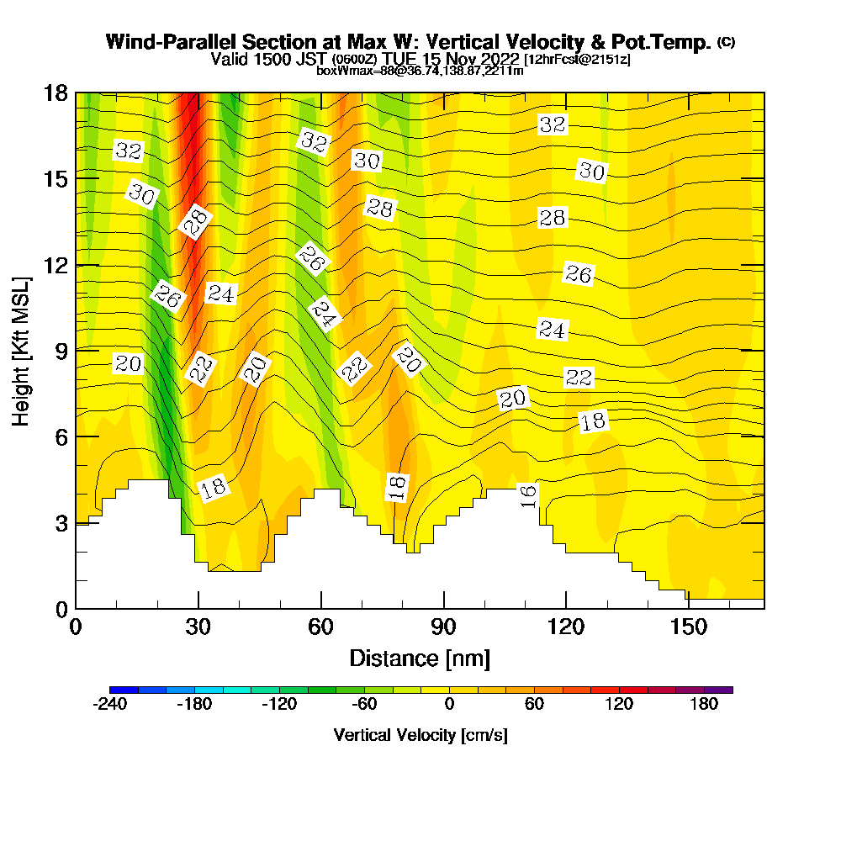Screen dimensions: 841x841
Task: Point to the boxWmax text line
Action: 420,71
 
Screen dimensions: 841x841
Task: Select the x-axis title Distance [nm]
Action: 420,657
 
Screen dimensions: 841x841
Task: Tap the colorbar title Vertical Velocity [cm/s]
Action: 420,735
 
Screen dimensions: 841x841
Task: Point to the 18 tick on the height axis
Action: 55,93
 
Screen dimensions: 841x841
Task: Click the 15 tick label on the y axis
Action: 55,179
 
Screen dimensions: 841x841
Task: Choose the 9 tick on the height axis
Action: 61,351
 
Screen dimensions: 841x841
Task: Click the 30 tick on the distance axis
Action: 198,627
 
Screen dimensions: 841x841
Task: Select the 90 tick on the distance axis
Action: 443,627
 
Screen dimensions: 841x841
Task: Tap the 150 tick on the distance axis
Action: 688,627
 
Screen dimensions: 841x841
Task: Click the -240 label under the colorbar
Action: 109,705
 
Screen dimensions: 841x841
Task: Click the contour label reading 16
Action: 528,495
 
